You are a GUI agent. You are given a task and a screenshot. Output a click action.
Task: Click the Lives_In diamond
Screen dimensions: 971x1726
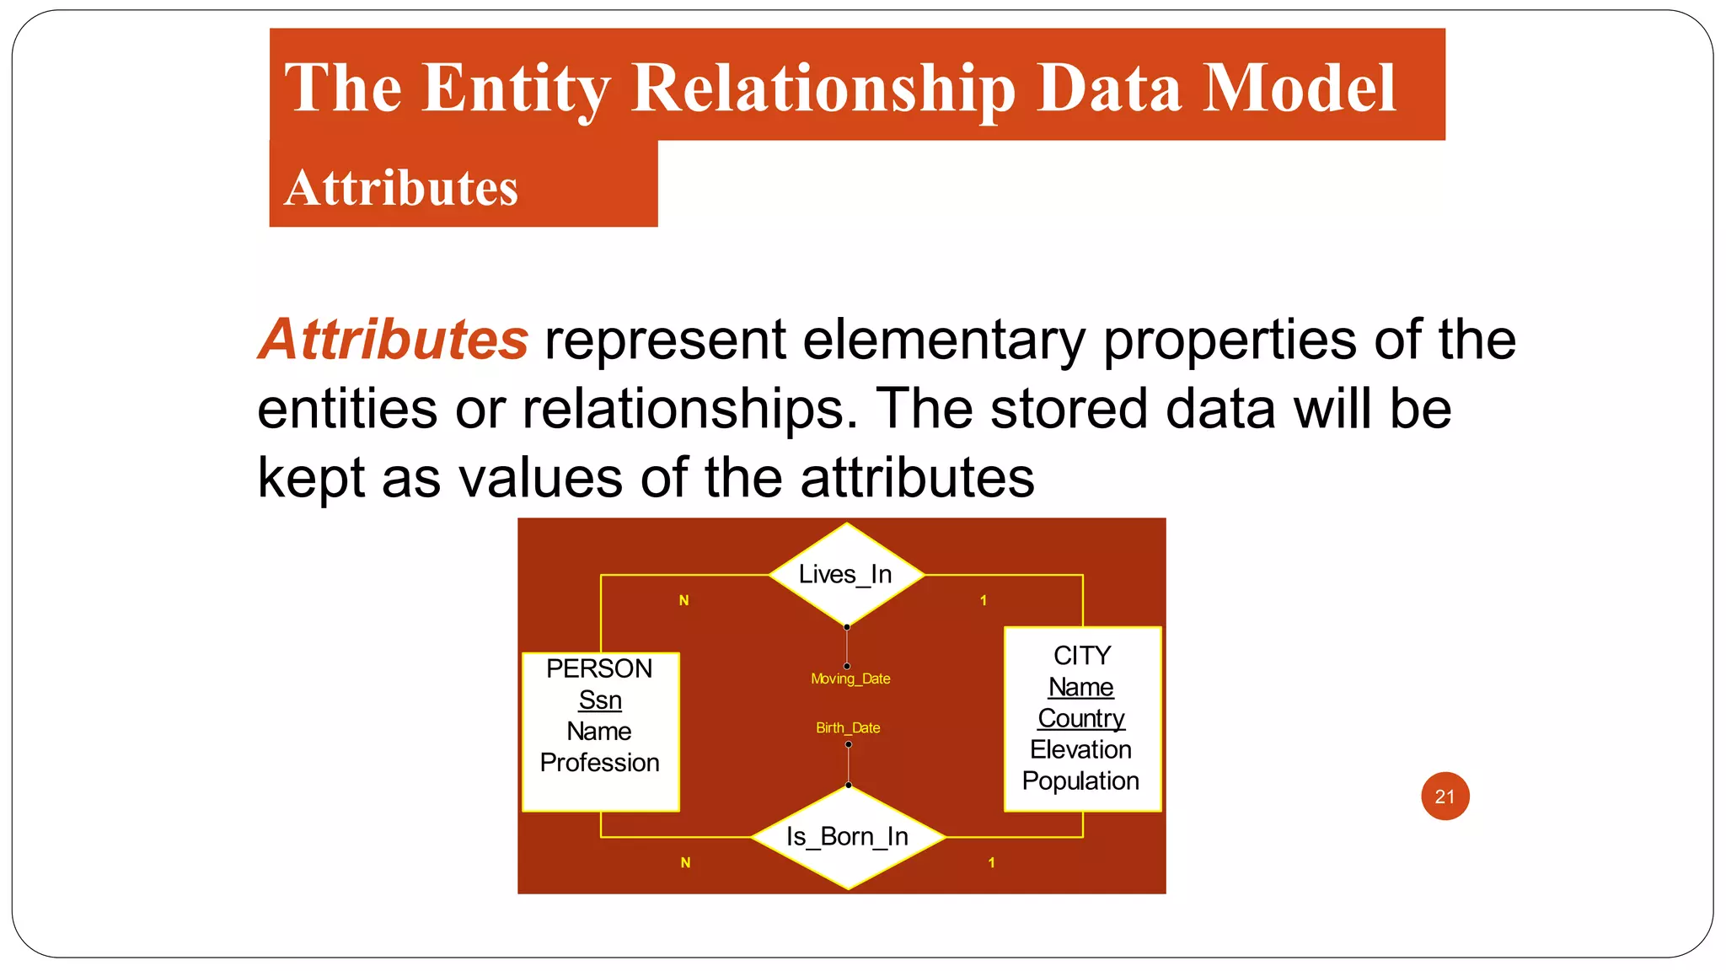click(x=846, y=575)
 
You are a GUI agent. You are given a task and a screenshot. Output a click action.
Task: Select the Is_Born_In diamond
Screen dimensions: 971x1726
click(x=848, y=837)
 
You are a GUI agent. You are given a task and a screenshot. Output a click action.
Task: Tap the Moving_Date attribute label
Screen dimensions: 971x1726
click(x=850, y=679)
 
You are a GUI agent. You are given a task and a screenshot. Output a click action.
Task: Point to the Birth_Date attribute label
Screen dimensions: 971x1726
click(x=848, y=727)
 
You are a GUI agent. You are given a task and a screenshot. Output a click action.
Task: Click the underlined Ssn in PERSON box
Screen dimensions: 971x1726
click(x=600, y=700)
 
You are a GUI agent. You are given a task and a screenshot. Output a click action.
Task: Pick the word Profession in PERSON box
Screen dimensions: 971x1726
click(x=599, y=763)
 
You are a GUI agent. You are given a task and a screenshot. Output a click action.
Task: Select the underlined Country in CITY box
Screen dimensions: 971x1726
click(x=1081, y=718)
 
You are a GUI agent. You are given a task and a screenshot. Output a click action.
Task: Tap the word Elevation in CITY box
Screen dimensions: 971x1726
click(x=1080, y=749)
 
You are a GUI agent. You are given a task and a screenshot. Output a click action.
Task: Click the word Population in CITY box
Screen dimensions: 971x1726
click(x=1080, y=781)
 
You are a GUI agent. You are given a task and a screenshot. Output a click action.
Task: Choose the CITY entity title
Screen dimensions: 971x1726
click(x=1082, y=655)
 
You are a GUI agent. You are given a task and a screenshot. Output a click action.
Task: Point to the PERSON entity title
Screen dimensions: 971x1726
click(x=599, y=668)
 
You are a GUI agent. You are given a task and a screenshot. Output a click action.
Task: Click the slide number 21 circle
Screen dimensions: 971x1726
click(x=1445, y=797)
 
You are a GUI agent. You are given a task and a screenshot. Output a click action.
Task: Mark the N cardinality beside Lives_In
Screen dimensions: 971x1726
click(x=683, y=601)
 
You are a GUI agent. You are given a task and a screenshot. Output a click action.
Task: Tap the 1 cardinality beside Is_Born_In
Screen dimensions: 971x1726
click(x=991, y=863)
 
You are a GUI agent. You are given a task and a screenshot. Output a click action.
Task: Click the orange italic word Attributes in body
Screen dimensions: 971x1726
click(x=394, y=340)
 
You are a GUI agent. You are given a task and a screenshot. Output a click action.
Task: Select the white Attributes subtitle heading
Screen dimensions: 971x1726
click(x=401, y=187)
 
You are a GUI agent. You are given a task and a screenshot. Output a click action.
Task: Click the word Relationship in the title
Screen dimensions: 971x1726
click(x=823, y=89)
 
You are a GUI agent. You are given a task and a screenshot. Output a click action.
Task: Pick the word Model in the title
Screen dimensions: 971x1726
click(x=1299, y=89)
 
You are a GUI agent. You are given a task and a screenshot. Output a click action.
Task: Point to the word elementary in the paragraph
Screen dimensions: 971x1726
click(x=944, y=340)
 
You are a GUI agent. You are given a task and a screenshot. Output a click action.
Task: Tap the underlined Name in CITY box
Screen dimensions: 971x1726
click(x=1081, y=687)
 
